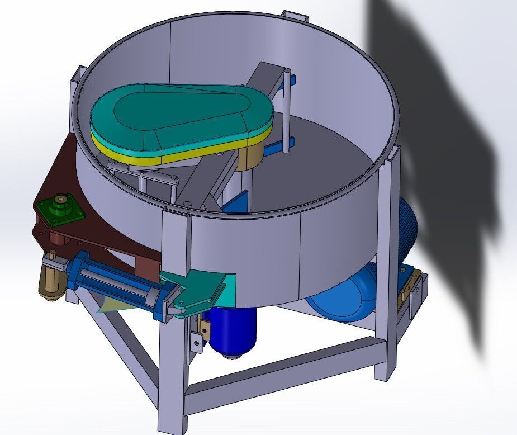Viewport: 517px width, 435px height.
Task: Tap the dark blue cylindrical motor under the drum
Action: click(x=234, y=330)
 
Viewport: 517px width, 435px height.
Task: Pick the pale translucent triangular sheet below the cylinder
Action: click(x=106, y=305)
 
